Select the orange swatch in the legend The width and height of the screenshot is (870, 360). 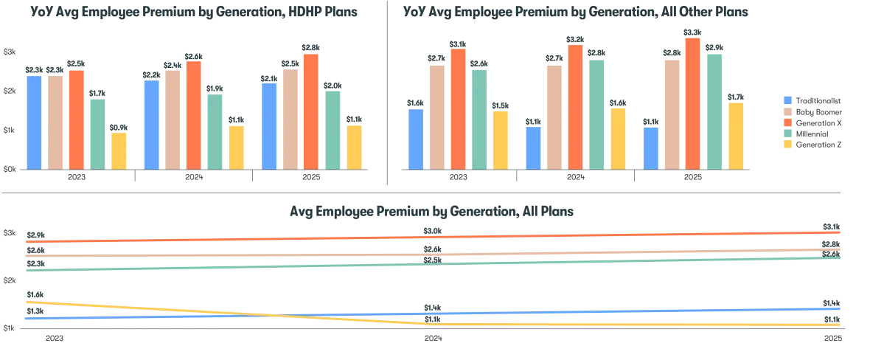point(787,122)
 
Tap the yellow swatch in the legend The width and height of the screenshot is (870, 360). point(787,145)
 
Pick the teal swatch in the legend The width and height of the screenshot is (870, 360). point(787,134)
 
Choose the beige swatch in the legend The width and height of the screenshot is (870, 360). point(787,111)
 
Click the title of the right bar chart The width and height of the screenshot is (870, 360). point(575,13)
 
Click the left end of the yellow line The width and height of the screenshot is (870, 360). point(27,302)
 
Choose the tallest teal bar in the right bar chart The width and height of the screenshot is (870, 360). point(714,110)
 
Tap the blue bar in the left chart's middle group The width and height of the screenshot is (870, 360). point(150,124)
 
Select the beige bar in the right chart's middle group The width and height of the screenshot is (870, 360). point(554,117)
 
